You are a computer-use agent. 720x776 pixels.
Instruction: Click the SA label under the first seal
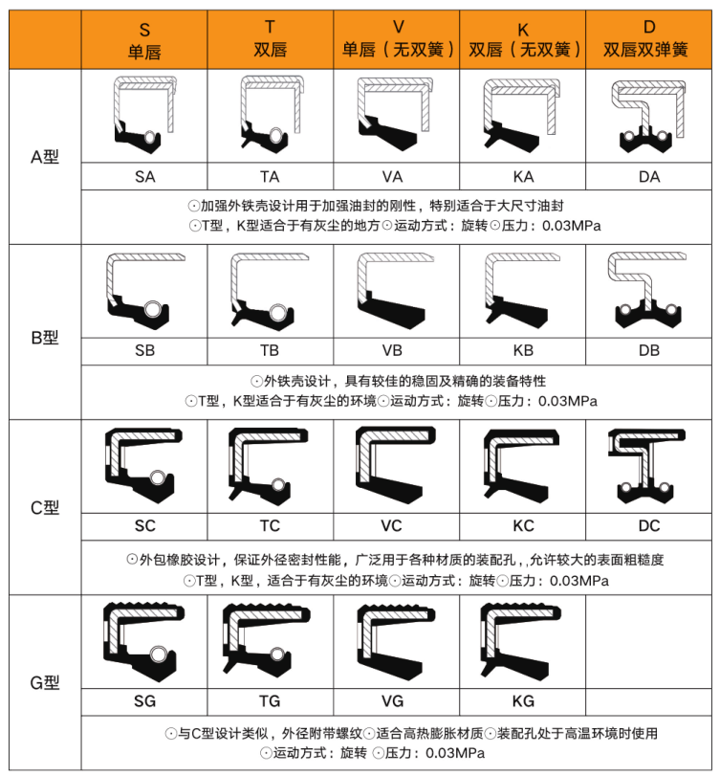coord(145,177)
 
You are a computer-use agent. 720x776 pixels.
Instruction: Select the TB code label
coord(270,350)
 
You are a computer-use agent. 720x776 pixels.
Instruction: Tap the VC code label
coord(392,525)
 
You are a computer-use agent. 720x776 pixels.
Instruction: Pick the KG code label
coord(523,700)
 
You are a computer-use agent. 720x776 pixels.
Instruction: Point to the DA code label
coord(649,177)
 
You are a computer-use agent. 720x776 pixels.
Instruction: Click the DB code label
coord(649,350)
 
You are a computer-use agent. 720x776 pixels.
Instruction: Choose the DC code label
coord(649,525)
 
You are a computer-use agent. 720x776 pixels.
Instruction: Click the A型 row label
coord(45,157)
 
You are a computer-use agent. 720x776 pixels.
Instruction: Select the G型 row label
coord(45,683)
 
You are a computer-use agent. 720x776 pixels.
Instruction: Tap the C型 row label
coord(45,508)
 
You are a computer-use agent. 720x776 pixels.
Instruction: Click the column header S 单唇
coord(144,40)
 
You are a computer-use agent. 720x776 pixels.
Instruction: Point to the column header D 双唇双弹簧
coord(645,38)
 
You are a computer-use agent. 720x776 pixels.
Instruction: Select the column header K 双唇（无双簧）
coord(523,39)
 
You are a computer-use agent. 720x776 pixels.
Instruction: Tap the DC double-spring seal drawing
coord(646,466)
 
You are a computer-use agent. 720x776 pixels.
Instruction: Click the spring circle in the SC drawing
coord(157,478)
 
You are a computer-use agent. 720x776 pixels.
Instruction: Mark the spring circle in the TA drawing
coord(276,136)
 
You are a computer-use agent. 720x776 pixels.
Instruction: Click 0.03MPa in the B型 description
coord(568,401)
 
